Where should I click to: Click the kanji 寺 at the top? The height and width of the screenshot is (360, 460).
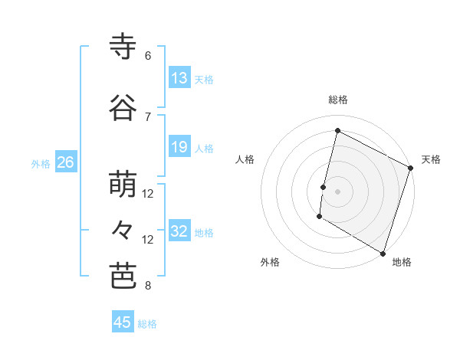pos(123,47)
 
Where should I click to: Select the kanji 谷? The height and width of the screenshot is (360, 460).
pos(123,107)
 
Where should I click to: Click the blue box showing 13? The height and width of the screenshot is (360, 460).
pos(179,78)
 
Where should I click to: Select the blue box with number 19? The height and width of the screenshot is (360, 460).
pos(179,147)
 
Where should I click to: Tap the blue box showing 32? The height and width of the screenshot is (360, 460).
pos(179,231)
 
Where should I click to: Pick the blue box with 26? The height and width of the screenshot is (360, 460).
pos(66,162)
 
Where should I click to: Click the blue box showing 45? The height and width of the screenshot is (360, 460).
pos(123,322)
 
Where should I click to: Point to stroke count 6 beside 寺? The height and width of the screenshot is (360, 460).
pos(148,56)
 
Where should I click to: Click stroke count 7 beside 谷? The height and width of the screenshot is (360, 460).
pos(148,116)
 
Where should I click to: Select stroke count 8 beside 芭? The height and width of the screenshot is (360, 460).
pos(148,286)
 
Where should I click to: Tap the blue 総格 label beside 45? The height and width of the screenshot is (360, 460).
pos(147,324)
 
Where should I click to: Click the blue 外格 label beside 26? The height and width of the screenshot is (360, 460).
pos(41,163)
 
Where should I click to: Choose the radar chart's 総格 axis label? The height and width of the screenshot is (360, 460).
pos(337,100)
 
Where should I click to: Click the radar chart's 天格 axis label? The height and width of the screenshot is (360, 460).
pos(431,159)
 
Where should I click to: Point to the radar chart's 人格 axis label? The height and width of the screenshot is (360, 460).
pos(245,159)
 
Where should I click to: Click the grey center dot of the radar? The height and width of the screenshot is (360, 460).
pos(337,191)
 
